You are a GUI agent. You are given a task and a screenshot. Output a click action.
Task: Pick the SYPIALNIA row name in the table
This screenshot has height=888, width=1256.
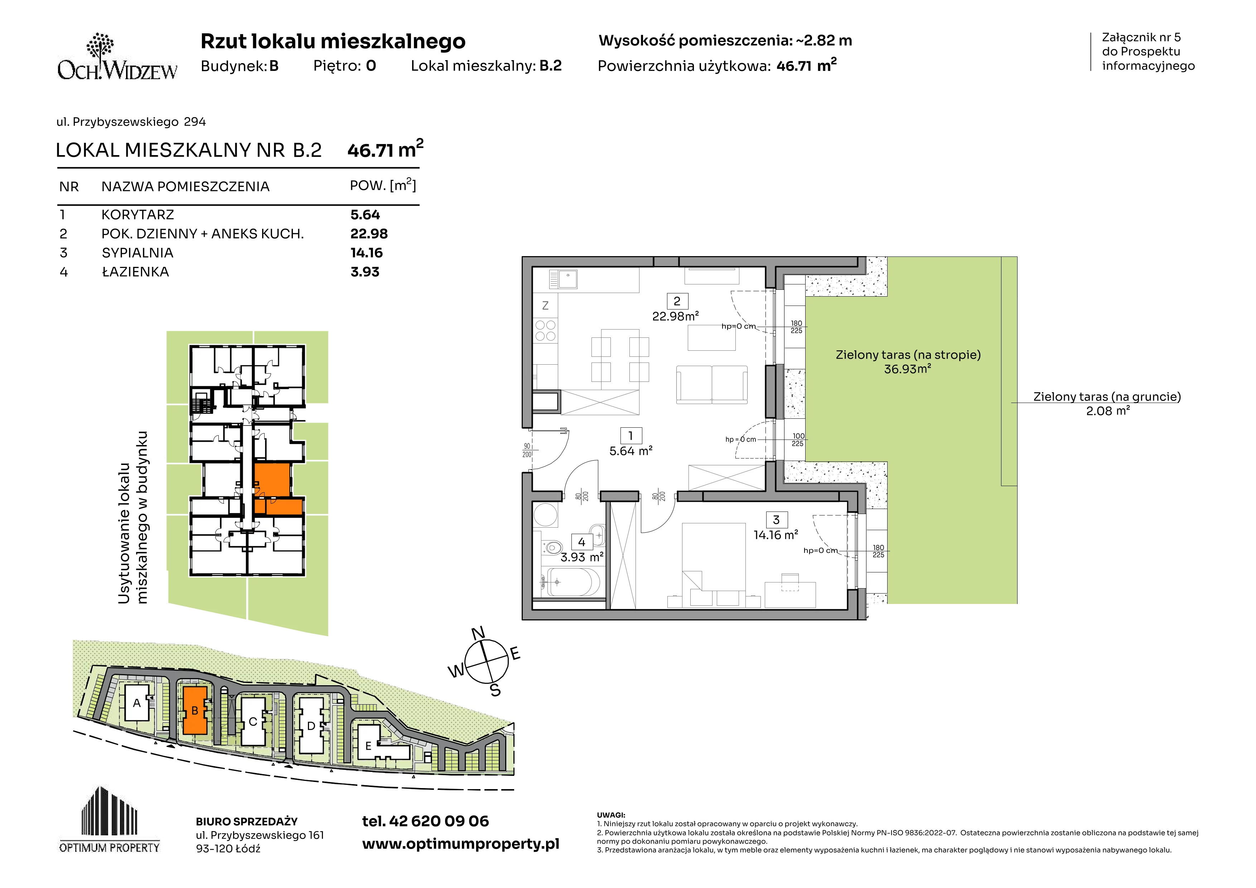point(137,253)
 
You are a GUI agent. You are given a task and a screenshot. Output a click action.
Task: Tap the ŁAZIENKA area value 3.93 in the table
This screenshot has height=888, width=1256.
point(365,272)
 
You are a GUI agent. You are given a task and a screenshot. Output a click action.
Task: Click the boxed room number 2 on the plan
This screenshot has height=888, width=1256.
point(677,301)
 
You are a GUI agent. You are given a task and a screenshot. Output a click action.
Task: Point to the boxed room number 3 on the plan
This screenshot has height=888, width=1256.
point(776,520)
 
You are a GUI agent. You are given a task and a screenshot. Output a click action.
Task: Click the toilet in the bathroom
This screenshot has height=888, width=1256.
point(552,547)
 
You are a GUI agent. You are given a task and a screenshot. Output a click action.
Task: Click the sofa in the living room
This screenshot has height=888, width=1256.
point(712,385)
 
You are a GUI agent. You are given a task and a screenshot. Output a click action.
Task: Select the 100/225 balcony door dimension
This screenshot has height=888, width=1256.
point(798,440)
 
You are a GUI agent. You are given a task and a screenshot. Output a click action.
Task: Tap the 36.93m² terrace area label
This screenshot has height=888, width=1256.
point(908,369)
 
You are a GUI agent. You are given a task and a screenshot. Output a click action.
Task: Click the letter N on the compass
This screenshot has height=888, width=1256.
point(478,633)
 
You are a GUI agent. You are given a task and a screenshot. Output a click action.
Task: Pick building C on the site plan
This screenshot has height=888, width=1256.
point(253,721)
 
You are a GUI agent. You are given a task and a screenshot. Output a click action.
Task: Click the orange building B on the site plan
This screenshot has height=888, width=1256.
point(195,710)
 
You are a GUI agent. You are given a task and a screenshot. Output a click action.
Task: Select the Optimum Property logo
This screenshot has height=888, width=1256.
point(110,820)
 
